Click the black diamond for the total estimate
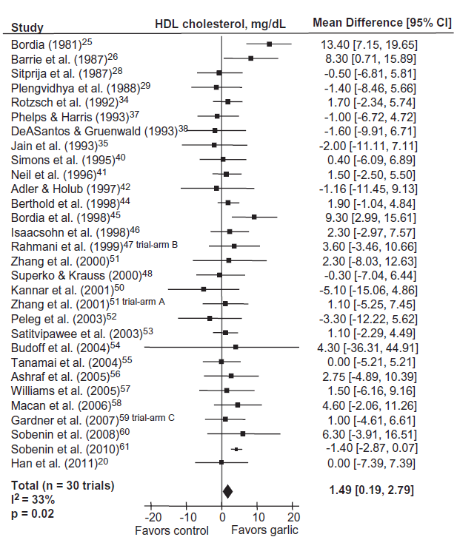[x=227, y=490]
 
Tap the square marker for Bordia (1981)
[x=269, y=44]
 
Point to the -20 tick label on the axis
[x=153, y=517]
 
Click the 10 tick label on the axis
[x=257, y=517]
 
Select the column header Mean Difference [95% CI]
[x=381, y=23]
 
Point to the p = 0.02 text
[x=32, y=512]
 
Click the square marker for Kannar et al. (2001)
[x=204, y=288]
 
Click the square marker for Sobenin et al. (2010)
[x=236, y=449]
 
